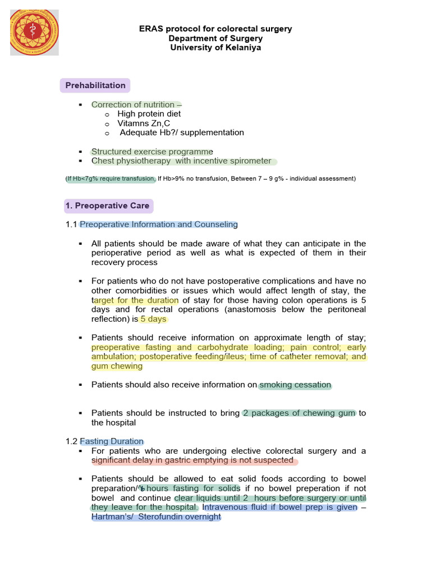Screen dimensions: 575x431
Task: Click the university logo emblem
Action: [x=35, y=32]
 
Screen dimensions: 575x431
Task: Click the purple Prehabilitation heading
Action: [x=95, y=85]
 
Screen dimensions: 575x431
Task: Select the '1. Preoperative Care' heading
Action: [x=107, y=206]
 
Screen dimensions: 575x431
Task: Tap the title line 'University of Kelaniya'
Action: [x=215, y=48]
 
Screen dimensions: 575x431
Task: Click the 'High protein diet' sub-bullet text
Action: [x=149, y=114]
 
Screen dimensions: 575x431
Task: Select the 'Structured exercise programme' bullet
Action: [x=152, y=152]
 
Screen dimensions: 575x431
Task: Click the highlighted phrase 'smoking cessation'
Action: [x=295, y=385]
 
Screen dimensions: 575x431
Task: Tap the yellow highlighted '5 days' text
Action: [x=153, y=319]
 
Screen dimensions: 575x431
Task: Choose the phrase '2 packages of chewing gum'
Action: [x=299, y=413]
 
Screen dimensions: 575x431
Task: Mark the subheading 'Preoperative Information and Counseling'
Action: [x=159, y=225]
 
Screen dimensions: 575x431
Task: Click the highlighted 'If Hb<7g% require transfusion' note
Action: [x=111, y=179]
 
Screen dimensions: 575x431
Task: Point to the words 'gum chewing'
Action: [x=117, y=366]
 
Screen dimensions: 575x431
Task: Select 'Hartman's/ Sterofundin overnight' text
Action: [x=156, y=517]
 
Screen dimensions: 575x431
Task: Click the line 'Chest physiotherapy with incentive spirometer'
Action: [x=181, y=161]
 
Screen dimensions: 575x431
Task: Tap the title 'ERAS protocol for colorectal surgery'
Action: [x=215, y=29]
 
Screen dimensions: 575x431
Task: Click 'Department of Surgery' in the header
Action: [x=215, y=38]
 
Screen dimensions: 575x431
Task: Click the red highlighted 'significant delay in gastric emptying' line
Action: [x=192, y=460]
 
